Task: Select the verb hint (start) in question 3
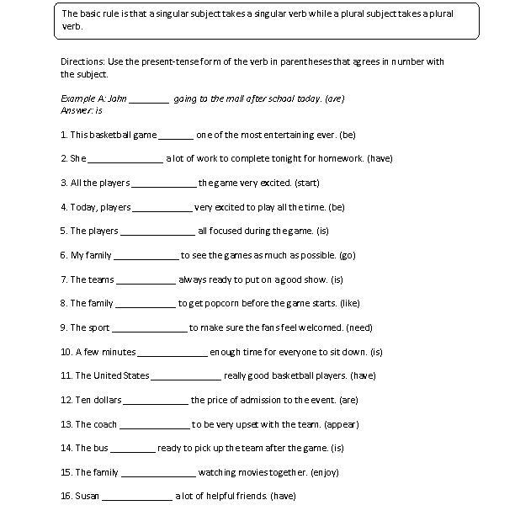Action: pos(308,183)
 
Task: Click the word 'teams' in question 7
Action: pos(98,279)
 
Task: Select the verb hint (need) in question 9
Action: pos(358,327)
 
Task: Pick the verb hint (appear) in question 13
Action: pos(341,424)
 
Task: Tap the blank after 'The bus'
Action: pos(132,449)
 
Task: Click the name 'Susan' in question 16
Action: pos(87,497)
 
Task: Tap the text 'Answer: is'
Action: pos(82,109)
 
